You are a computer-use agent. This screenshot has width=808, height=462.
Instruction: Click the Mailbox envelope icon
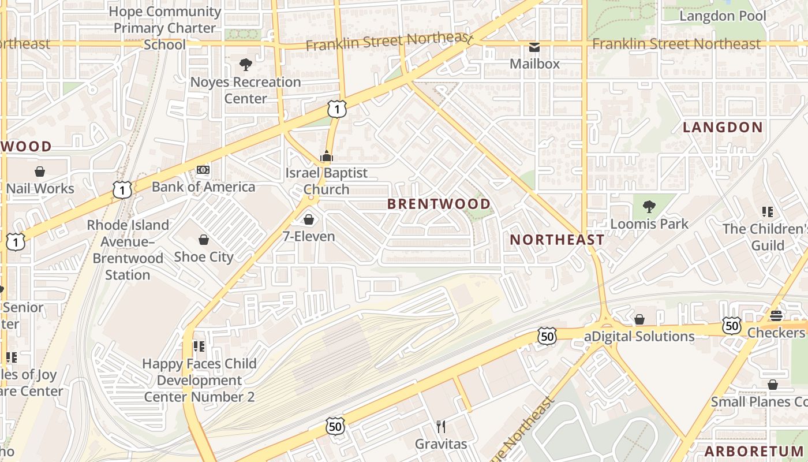tap(534, 47)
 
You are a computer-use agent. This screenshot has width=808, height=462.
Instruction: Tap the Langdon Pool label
tap(723, 16)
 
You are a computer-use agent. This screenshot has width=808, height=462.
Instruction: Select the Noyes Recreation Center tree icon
tap(246, 65)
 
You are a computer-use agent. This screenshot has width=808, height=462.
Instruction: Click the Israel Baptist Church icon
tap(326, 156)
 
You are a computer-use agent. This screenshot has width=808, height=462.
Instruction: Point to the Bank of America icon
tap(203, 170)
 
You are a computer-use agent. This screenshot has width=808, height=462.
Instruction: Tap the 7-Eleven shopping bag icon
tap(309, 219)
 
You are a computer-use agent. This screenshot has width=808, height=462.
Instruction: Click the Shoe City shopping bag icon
tap(203, 240)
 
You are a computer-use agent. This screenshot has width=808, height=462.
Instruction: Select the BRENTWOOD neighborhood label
tap(439, 204)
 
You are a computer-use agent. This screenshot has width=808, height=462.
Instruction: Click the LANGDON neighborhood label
tap(723, 128)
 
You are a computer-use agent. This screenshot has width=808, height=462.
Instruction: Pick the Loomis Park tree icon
tap(649, 206)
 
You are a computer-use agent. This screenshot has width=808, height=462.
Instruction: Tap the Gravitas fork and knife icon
tap(441, 427)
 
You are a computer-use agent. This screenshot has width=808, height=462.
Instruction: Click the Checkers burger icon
tap(776, 316)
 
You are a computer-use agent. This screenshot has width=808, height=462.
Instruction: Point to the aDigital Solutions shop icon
tap(639, 319)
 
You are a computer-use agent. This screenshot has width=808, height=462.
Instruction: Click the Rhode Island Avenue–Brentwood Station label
tap(128, 249)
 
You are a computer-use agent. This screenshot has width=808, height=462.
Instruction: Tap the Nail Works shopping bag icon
tap(40, 172)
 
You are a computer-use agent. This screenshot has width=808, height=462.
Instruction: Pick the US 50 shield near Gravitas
tap(335, 426)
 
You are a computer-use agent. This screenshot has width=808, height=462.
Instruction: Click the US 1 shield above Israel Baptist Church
tap(337, 109)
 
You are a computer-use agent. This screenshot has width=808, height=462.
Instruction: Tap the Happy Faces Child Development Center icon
tap(199, 346)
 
